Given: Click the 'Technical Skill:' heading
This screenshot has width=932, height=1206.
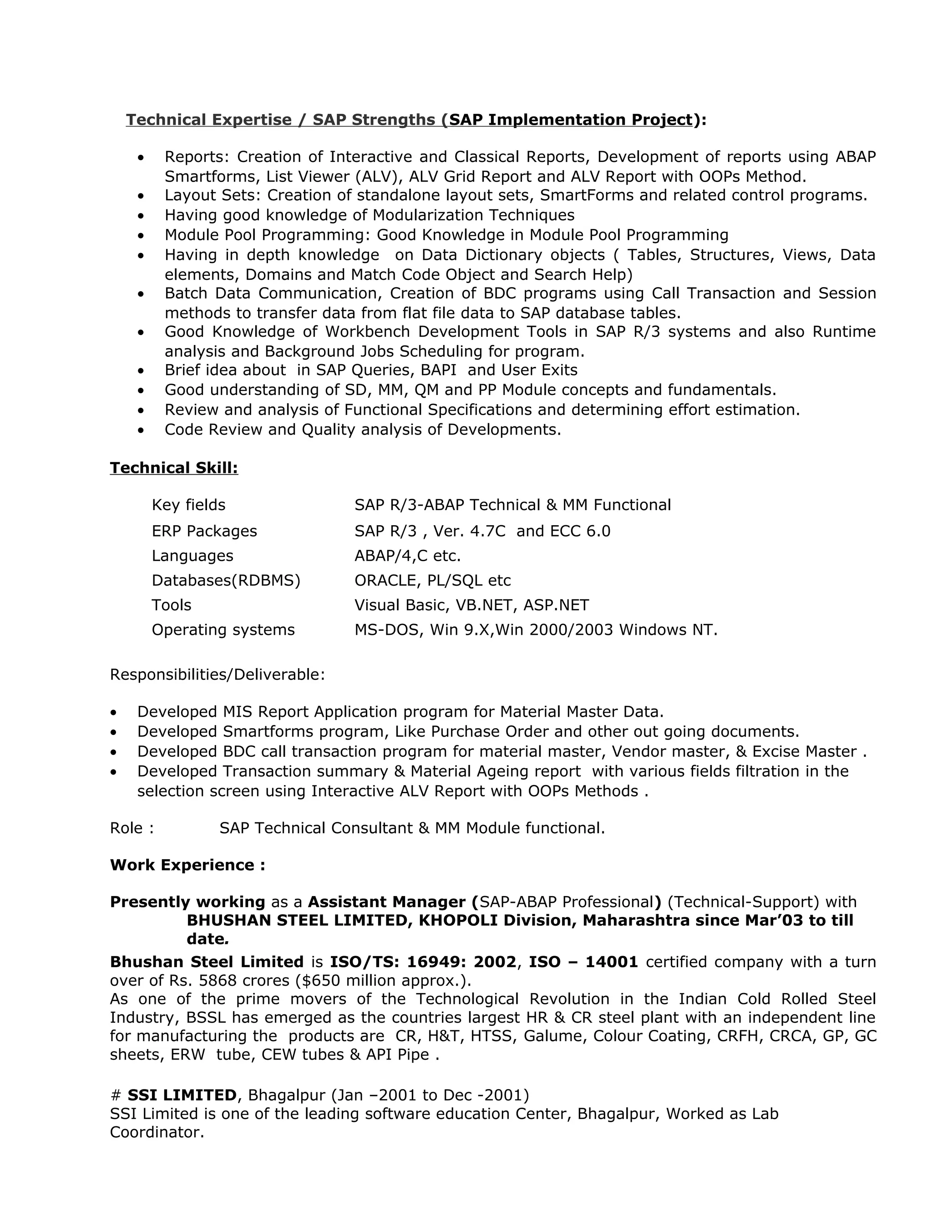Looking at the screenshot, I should pos(174,468).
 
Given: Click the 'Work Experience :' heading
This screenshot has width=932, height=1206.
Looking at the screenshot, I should pos(187,865).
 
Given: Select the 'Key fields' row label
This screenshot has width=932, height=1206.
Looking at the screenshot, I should pos(188,505).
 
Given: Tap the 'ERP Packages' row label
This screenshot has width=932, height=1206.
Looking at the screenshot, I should pos(204,531).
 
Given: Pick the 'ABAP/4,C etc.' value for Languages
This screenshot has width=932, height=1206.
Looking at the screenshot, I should pos(407,556).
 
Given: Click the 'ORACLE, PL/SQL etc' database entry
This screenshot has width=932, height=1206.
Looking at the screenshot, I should pos(432,580).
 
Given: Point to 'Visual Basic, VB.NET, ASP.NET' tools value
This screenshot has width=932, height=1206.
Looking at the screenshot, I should pos(471,605).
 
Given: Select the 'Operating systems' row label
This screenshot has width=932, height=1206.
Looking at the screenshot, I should pos(223,629).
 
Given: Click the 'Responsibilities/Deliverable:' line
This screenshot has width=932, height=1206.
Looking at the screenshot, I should pos(217,674).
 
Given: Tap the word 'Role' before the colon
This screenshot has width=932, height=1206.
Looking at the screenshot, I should pos(127,828).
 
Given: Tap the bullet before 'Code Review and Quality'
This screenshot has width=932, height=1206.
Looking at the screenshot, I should pos(142,430).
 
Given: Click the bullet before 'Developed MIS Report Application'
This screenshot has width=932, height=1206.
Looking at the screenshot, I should pos(114,712).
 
